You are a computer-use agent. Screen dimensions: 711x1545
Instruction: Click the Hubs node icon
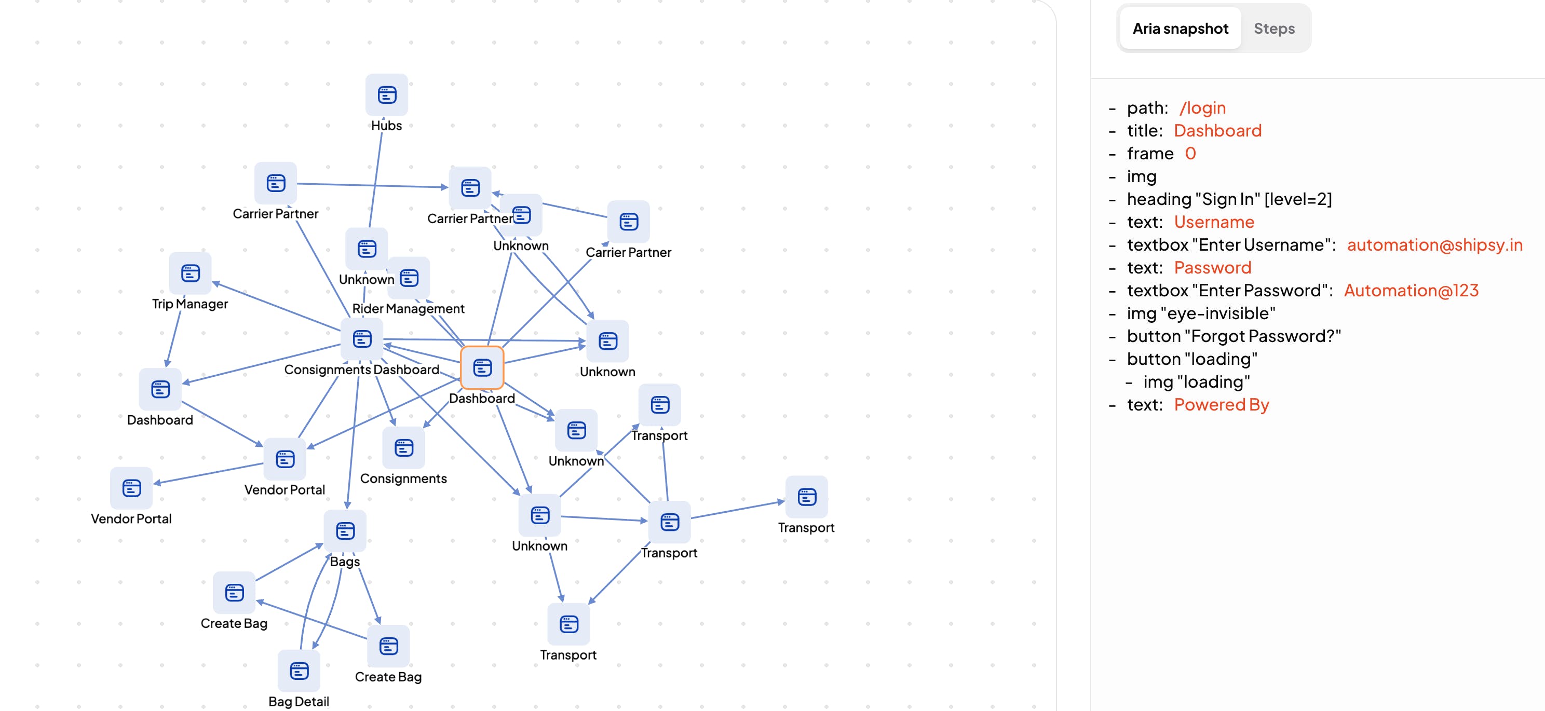point(387,95)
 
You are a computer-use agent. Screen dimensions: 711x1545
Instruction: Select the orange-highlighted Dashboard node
point(482,367)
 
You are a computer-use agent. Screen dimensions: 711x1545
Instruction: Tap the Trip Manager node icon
point(190,274)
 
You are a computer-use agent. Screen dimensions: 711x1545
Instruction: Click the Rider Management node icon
point(409,278)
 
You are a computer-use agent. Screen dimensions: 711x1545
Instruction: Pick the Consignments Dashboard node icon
point(362,339)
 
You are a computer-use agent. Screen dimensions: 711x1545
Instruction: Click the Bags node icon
point(345,531)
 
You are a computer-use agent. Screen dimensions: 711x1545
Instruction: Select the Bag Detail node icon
point(299,671)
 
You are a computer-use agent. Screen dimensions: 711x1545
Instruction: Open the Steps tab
point(1274,28)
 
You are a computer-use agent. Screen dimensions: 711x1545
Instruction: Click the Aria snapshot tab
point(1180,28)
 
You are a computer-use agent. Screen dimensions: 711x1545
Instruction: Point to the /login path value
point(1202,108)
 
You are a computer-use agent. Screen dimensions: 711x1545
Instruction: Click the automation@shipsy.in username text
point(1434,244)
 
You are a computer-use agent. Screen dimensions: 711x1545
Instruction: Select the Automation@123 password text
point(1411,290)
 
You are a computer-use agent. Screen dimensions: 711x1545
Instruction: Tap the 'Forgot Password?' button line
point(1233,336)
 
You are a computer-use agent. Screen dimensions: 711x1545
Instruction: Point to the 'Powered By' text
point(1221,405)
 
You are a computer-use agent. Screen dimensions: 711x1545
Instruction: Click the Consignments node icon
point(404,448)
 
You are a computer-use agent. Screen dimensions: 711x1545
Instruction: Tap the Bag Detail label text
point(299,702)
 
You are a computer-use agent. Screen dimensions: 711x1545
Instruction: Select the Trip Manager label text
point(189,304)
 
